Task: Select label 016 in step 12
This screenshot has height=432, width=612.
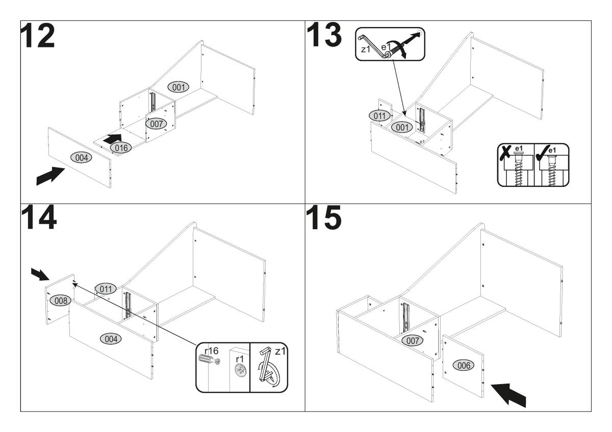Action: click(x=120, y=148)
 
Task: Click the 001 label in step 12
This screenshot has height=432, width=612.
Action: click(x=178, y=87)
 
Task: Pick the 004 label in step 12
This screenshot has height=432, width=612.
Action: click(x=81, y=158)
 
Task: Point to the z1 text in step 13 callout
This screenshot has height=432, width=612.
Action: click(x=365, y=50)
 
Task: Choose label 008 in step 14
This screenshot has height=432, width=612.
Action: click(x=61, y=301)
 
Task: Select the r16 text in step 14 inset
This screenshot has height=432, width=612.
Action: click(x=212, y=351)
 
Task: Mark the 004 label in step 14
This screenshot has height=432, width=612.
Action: click(x=110, y=338)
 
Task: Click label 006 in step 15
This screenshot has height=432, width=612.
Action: click(x=463, y=365)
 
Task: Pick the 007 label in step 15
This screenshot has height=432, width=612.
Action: click(x=413, y=340)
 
